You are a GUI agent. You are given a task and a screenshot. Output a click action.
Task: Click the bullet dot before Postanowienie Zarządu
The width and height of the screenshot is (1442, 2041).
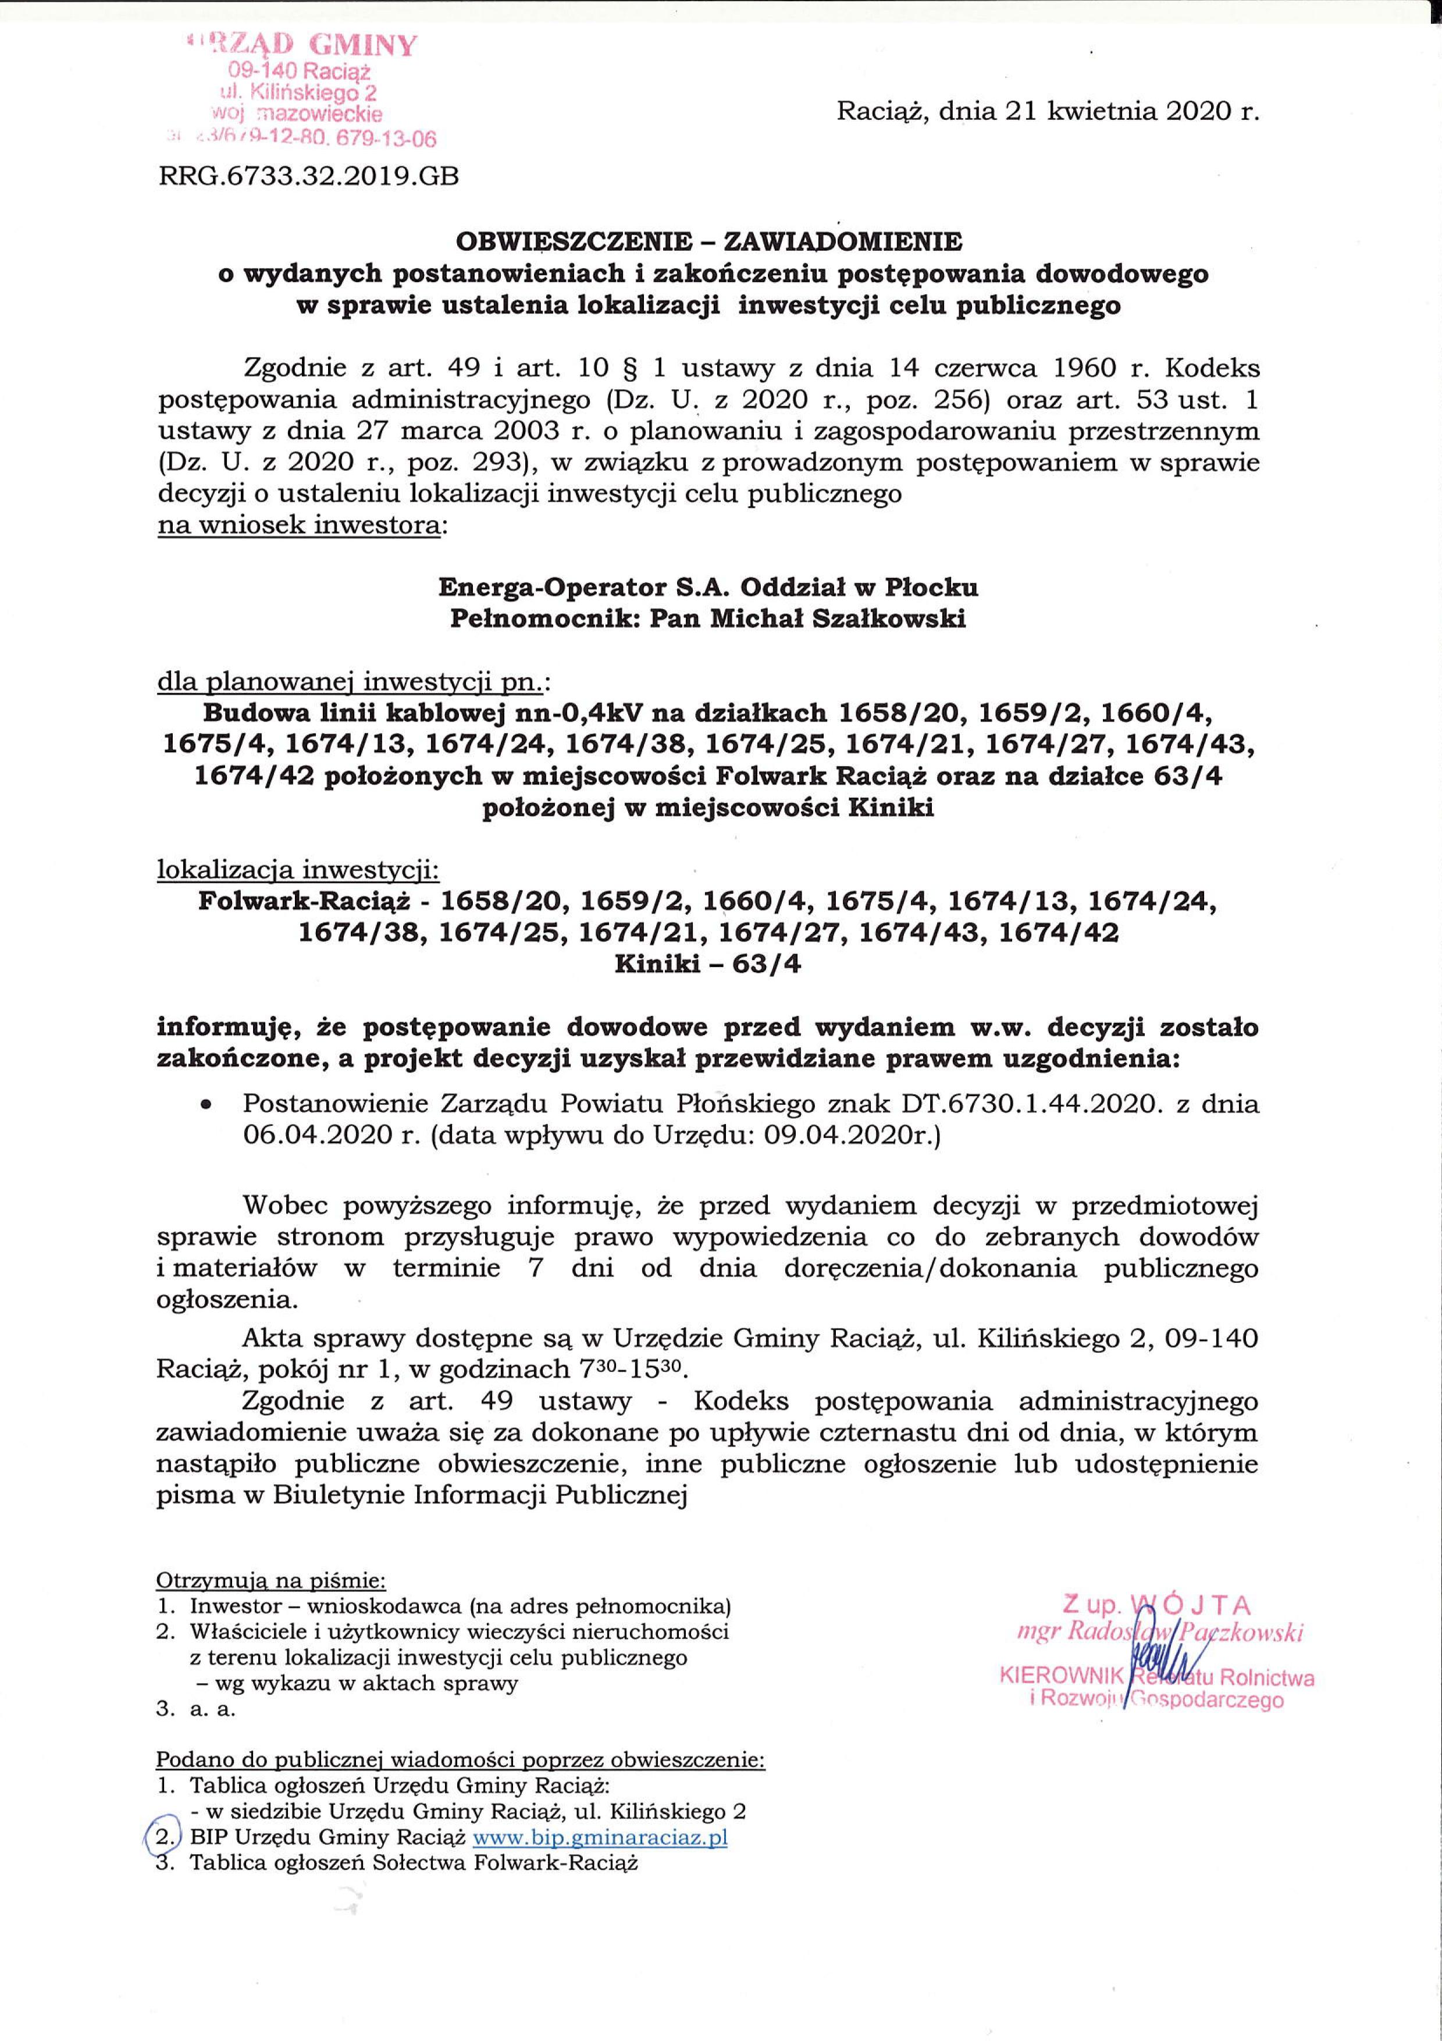(x=206, y=1107)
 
